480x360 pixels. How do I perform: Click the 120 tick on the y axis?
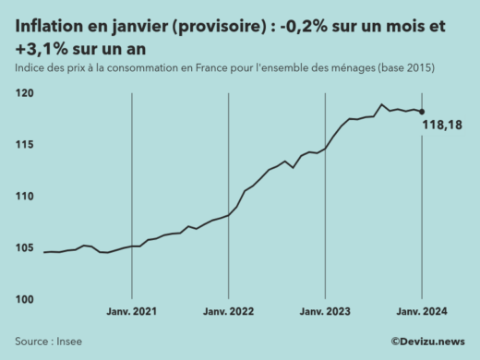pyautogui.click(x=25, y=93)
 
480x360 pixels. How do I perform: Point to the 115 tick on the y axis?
pyautogui.click(x=25, y=145)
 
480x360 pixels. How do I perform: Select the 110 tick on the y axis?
pyautogui.click(x=25, y=197)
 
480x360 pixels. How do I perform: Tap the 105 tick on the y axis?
pyautogui.click(x=25, y=248)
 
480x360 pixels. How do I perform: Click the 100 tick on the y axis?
pyautogui.click(x=25, y=300)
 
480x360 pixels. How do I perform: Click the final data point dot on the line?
pyautogui.click(x=422, y=112)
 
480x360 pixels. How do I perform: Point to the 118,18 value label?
pyautogui.click(x=441, y=126)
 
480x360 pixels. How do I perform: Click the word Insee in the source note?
pyautogui.click(x=68, y=342)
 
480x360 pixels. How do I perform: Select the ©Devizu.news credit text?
pyautogui.click(x=426, y=342)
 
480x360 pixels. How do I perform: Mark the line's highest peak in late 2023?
pyautogui.click(x=381, y=104)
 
